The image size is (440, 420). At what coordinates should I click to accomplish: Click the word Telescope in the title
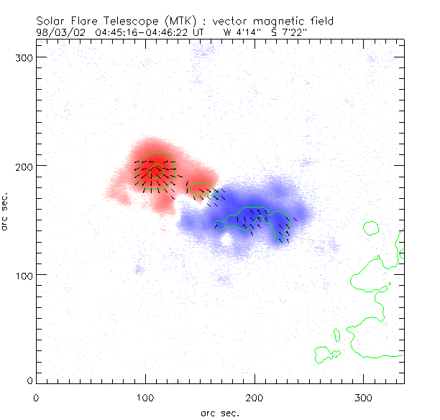coord(122,21)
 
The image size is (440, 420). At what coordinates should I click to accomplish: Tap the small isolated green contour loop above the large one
coord(371,228)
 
